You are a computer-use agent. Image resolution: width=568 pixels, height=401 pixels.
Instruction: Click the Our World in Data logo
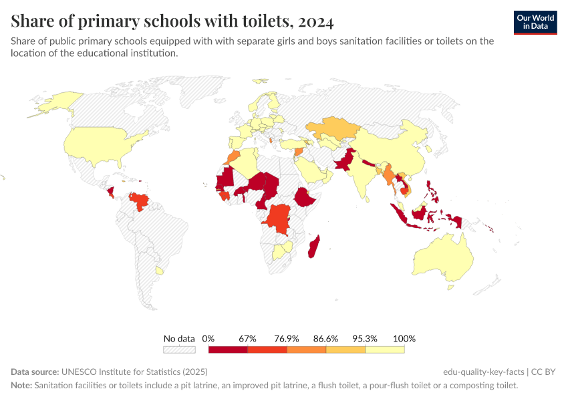point(535,22)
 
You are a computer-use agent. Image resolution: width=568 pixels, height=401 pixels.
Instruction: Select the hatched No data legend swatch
point(179,349)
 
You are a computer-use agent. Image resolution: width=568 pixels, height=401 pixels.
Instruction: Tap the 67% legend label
point(248,339)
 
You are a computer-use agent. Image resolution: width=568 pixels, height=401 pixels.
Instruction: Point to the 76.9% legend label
point(287,339)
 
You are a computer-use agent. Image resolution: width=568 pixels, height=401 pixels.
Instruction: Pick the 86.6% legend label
point(326,339)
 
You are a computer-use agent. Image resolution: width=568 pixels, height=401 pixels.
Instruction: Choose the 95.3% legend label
point(366,339)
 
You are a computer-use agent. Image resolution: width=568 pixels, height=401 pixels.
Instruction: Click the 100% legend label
point(404,339)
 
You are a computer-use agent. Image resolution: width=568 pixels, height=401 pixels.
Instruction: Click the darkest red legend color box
point(228,349)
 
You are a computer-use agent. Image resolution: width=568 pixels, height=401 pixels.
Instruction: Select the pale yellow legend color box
point(385,349)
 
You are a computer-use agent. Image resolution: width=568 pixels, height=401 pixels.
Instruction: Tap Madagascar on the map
point(313,247)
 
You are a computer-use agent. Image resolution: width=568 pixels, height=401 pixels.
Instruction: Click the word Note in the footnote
point(21,386)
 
